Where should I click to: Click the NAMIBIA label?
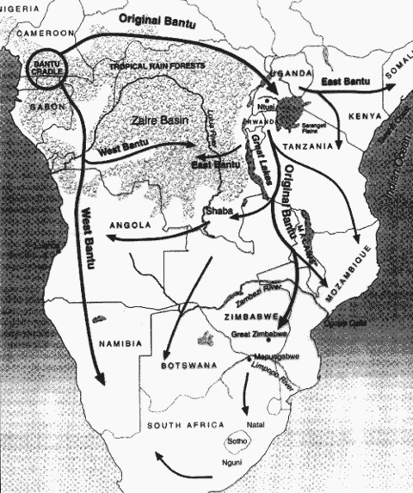(x=120, y=344)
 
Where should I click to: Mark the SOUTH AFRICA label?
(x=184, y=426)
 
